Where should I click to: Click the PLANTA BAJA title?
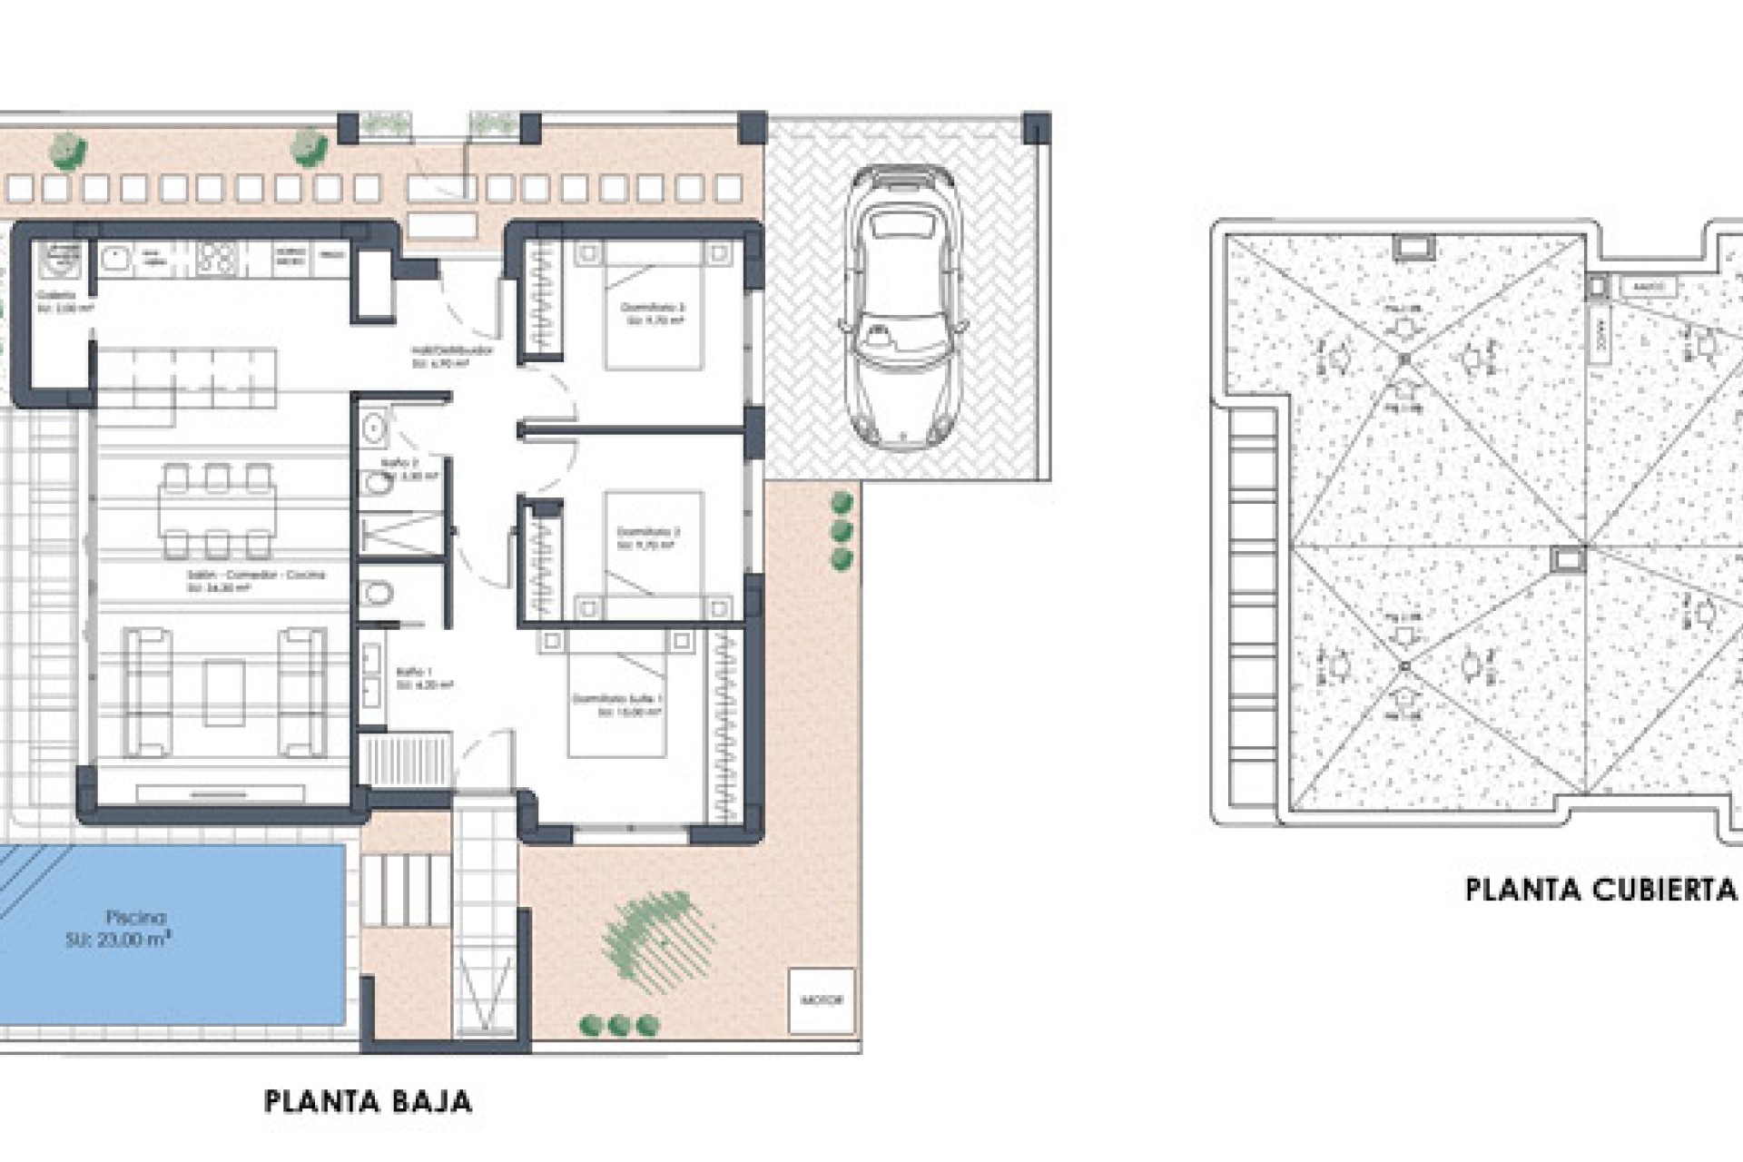pyautogui.click(x=368, y=1101)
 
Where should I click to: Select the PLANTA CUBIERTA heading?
pyautogui.click(x=1601, y=890)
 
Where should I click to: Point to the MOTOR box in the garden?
pyautogui.click(x=822, y=1000)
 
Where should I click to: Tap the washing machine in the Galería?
pyautogui.click(x=60, y=261)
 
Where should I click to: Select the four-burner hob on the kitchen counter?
pyautogui.click(x=217, y=258)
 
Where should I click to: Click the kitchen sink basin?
pyautogui.click(x=116, y=259)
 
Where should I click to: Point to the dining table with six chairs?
pyautogui.click(x=217, y=510)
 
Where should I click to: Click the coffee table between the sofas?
pyautogui.click(x=223, y=693)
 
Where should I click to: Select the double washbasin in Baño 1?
pyautogui.click(x=371, y=675)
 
